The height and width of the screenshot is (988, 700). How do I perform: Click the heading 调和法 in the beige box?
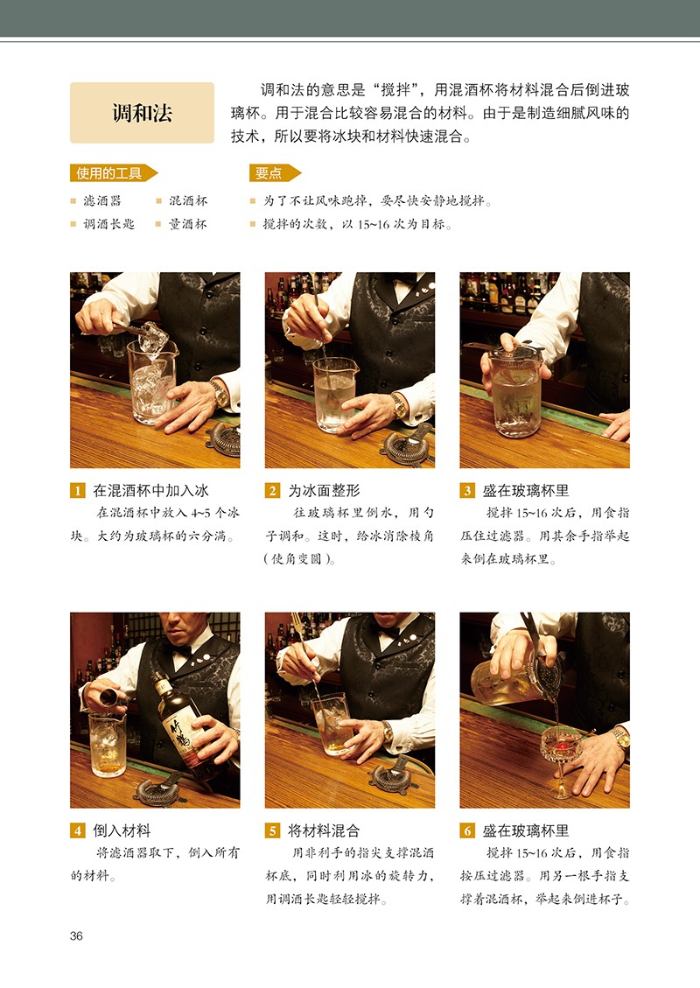(x=142, y=114)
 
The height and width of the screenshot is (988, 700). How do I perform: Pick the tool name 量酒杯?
(x=188, y=224)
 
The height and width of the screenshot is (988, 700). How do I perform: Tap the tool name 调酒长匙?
(x=109, y=224)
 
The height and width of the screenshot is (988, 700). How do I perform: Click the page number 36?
(x=76, y=935)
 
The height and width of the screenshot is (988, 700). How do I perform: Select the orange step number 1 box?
(x=77, y=491)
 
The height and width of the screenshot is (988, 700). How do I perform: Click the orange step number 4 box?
(x=77, y=830)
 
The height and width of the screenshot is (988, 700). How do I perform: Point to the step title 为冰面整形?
(x=325, y=491)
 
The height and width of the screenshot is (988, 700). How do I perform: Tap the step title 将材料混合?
(x=324, y=830)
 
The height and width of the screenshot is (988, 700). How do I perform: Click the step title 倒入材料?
(x=122, y=830)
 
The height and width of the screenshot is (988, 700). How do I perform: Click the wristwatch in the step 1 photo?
(x=220, y=393)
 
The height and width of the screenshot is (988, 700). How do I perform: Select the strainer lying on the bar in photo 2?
(x=406, y=446)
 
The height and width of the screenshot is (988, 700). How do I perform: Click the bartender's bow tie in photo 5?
(x=387, y=631)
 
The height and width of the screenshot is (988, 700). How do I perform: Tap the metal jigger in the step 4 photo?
(x=110, y=697)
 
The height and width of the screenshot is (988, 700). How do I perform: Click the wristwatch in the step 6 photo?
(x=621, y=738)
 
